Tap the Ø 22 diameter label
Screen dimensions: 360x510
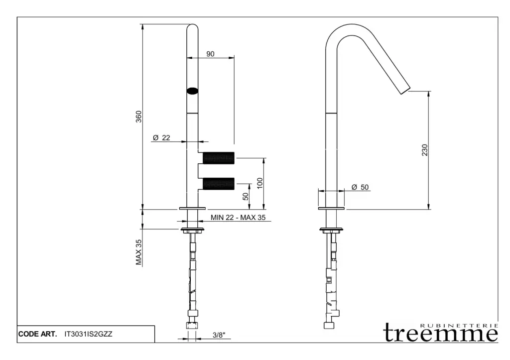coord(162,138)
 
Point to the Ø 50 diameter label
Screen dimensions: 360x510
coord(360,187)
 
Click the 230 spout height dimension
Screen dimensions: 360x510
coord(424,150)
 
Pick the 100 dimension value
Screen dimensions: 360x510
coord(259,183)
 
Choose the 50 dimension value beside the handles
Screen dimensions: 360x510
coord(246,196)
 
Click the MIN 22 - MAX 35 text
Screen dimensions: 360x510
coord(238,217)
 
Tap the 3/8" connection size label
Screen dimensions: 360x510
coord(220,335)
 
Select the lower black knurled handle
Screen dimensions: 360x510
coord(218,183)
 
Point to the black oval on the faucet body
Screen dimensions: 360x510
coord(192,91)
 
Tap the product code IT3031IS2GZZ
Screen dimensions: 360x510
coord(89,334)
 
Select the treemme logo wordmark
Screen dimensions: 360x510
coord(440,334)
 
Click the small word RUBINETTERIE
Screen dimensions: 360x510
coord(459,325)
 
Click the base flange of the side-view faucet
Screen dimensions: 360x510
coord(332,208)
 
